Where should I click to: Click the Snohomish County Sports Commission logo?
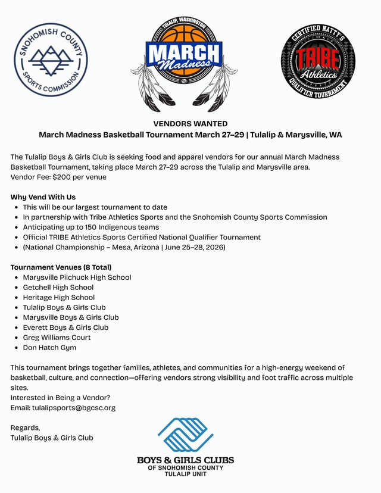tap(51, 60)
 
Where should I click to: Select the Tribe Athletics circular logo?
tap(318, 61)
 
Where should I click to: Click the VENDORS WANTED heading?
tap(190, 124)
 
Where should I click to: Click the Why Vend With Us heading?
tap(43, 197)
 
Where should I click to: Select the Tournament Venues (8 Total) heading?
tap(61, 267)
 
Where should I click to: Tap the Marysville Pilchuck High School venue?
tap(77, 277)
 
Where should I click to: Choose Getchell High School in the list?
tap(58, 288)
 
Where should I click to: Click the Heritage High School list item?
tap(58, 298)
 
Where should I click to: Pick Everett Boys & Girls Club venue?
tap(65, 327)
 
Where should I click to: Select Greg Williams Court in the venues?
tap(57, 338)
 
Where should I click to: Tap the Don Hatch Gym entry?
tap(49, 348)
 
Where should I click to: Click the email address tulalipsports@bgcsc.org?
tap(74, 408)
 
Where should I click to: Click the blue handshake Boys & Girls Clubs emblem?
tap(185, 435)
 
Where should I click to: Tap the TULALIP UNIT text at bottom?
tap(185, 474)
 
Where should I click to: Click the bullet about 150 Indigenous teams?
tap(90, 227)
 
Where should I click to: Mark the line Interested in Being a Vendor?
tap(60, 398)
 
